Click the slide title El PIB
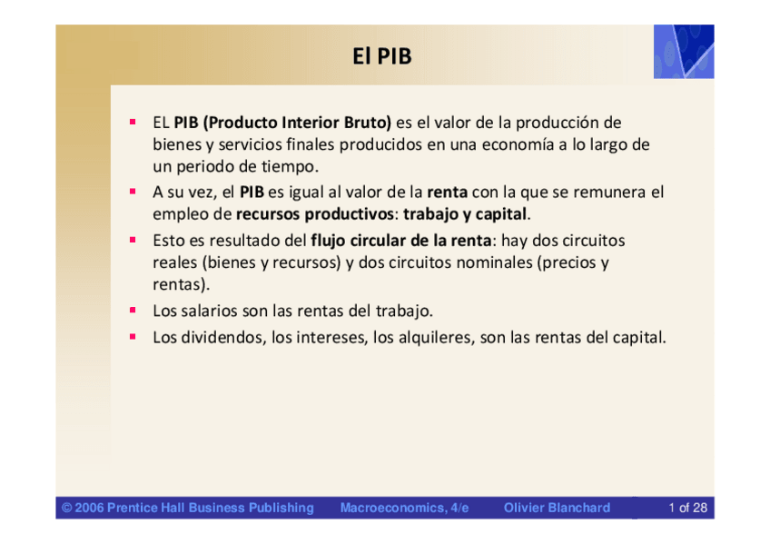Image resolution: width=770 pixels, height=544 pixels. (x=382, y=56)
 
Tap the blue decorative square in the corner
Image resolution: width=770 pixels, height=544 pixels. (x=684, y=52)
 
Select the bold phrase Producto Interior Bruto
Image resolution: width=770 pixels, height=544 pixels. (x=298, y=123)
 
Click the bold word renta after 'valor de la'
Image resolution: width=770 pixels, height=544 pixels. (x=447, y=192)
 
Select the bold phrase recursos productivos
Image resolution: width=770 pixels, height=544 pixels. (x=315, y=214)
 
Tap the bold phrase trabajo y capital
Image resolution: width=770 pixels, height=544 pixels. (x=465, y=214)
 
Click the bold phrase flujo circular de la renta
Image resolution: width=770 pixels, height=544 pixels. (x=400, y=241)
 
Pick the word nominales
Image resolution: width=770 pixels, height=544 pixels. (x=495, y=262)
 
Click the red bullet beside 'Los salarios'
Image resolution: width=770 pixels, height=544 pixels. (x=133, y=310)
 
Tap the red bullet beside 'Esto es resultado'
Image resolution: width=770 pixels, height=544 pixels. (x=133, y=240)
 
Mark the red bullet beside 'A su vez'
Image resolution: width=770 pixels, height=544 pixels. (x=133, y=192)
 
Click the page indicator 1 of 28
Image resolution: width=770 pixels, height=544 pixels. (x=687, y=508)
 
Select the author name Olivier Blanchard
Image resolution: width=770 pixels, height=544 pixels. (x=557, y=508)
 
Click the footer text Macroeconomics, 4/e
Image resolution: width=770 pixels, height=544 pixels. (x=405, y=508)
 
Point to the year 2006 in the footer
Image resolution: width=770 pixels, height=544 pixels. (x=89, y=508)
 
